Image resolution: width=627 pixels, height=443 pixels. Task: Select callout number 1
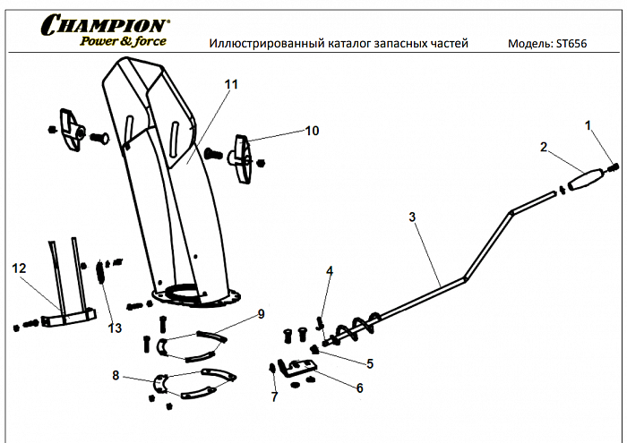(x=588, y=125)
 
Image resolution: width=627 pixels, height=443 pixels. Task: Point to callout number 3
(x=411, y=217)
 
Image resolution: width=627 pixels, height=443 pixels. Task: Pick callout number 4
(x=330, y=269)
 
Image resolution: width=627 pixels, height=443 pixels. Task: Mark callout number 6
(x=359, y=388)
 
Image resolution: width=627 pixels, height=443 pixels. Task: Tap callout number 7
(x=274, y=395)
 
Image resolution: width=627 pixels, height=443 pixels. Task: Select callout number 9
(x=261, y=313)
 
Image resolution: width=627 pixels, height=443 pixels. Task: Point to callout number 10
(x=312, y=131)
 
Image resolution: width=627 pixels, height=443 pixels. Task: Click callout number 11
(x=231, y=84)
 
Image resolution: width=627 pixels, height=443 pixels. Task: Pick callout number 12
(x=19, y=268)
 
